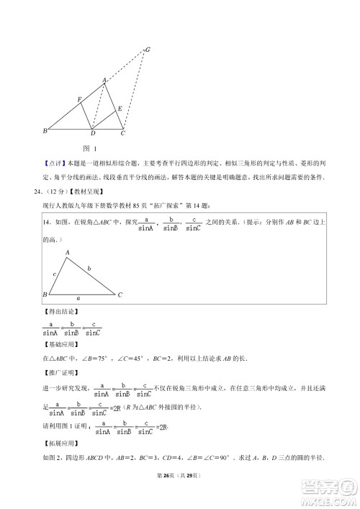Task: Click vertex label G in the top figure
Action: tap(148, 49)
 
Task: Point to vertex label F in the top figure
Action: tap(79, 99)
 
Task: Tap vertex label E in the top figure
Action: tap(120, 108)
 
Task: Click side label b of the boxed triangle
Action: tap(89, 269)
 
